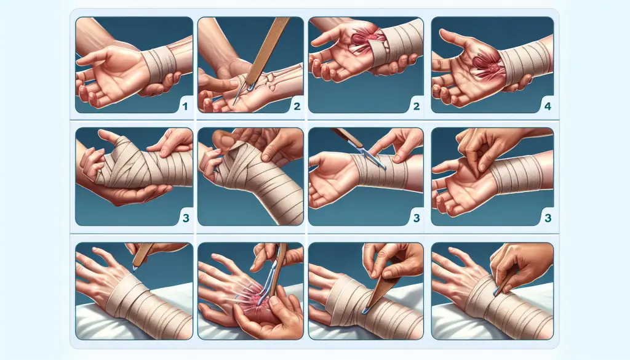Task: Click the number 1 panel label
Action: pos(185,106)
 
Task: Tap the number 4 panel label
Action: pos(548,106)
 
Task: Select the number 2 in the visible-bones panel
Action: pos(297,106)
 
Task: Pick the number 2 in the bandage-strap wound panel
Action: pos(417,106)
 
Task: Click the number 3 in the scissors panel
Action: pos(417,218)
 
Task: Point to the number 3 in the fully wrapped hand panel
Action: pos(186,218)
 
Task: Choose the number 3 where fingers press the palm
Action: pos(548,218)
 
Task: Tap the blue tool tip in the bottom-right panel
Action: pos(497,291)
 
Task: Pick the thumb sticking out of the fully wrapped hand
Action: pos(108,136)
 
